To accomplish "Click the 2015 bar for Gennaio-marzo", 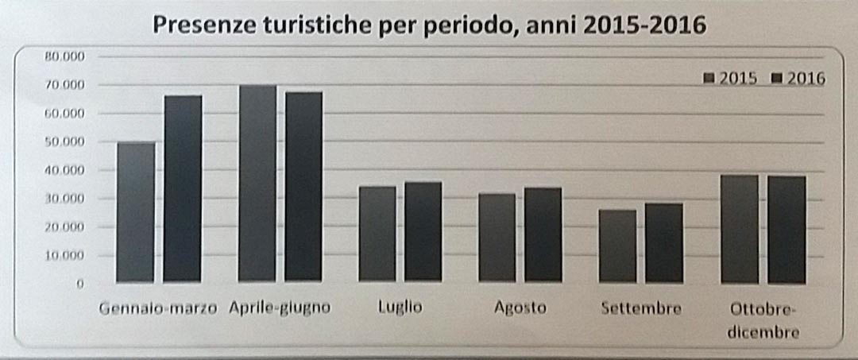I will pyautogui.click(x=135, y=212).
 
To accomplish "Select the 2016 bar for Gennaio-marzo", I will pyautogui.click(x=183, y=189).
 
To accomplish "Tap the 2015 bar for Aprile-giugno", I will pyautogui.click(x=257, y=184).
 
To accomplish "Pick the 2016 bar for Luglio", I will pyautogui.click(x=423, y=231).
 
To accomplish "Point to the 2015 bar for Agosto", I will pyautogui.click(x=497, y=237).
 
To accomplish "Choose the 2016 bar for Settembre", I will pyautogui.click(x=663, y=242).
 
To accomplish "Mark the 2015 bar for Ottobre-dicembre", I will pyautogui.click(x=739, y=228).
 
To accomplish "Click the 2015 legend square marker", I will pyautogui.click(x=709, y=79).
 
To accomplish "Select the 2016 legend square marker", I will pyautogui.click(x=778, y=79).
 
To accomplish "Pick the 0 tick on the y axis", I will pyautogui.click(x=80, y=284).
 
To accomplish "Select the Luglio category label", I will pyautogui.click(x=400, y=307).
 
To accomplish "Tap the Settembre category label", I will pyautogui.click(x=641, y=308).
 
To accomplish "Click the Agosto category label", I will pyautogui.click(x=520, y=308).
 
